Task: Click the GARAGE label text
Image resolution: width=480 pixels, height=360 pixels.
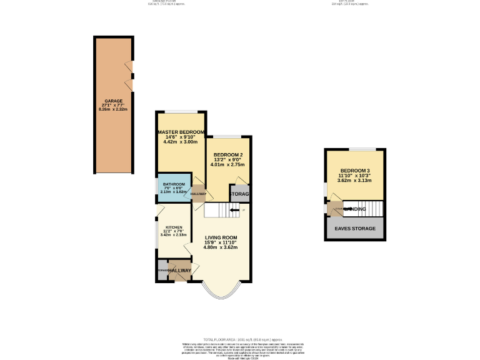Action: click(113, 101)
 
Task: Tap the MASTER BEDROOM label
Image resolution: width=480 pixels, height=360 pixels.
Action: click(181, 132)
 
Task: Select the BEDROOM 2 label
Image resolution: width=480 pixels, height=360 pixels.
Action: click(228, 155)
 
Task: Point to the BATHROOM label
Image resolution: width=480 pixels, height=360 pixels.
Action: click(174, 184)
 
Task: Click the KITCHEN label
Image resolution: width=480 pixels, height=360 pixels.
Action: click(174, 227)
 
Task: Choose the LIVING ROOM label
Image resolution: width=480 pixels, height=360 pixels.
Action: click(221, 237)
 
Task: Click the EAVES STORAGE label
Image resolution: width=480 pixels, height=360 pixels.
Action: click(355, 229)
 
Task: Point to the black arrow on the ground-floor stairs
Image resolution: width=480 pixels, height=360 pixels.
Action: click(234, 211)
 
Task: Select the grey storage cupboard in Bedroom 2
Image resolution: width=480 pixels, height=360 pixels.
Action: click(240, 194)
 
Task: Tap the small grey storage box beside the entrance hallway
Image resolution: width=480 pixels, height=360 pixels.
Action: click(162, 269)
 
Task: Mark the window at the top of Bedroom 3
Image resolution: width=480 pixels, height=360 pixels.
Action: click(362, 149)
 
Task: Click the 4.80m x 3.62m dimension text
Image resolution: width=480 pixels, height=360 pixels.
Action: click(220, 247)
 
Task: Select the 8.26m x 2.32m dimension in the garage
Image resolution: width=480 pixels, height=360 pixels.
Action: click(113, 109)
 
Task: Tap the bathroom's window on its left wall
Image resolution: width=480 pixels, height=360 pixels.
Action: click(157, 187)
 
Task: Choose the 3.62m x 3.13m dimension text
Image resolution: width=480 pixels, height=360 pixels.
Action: click(355, 181)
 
